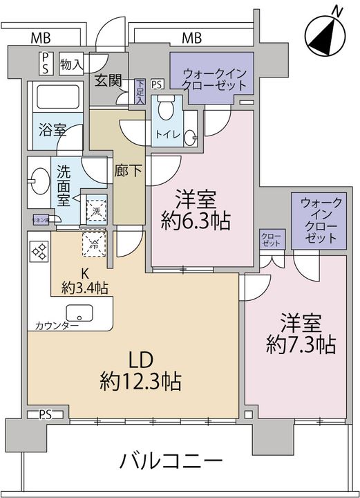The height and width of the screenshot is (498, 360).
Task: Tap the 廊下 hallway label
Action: (126, 172)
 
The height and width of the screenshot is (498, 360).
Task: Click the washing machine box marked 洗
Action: (95, 210)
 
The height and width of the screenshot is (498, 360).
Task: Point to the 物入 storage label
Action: (71, 64)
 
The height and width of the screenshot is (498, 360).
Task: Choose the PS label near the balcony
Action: (46, 414)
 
